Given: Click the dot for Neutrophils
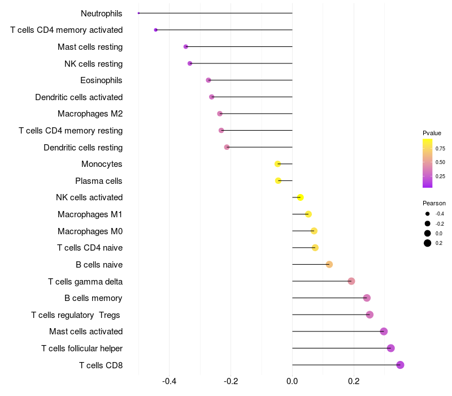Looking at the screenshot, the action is [x=138, y=13].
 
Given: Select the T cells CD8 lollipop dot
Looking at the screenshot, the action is [x=400, y=365].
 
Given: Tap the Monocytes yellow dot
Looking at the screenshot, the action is [x=277, y=164].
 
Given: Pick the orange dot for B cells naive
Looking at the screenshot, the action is [x=329, y=264].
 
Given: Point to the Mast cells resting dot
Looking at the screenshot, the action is [x=186, y=47].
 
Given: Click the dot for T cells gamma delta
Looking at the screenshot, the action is [x=351, y=281].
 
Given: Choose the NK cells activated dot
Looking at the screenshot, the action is [x=301, y=197].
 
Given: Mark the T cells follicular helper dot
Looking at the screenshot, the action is [x=390, y=348].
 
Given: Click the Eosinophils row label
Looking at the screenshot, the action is [x=101, y=80].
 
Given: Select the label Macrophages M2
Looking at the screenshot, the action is [x=90, y=114].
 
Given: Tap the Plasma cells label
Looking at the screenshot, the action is [x=98, y=181].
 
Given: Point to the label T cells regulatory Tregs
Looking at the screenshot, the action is [x=76, y=315].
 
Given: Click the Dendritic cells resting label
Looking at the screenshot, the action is [x=83, y=148].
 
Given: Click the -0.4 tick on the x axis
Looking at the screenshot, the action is [x=169, y=381].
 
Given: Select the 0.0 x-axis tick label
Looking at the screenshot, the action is [x=292, y=381].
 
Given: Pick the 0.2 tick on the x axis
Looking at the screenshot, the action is [x=354, y=381].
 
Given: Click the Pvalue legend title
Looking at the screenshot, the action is [x=432, y=133].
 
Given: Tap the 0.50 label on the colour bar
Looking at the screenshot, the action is [x=440, y=162].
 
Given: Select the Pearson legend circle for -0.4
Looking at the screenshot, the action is [x=427, y=214].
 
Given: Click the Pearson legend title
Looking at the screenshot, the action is [x=434, y=203].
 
